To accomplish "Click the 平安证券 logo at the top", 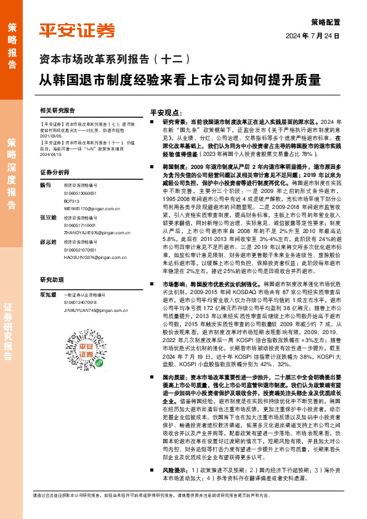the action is pyautogui.click(x=77, y=30).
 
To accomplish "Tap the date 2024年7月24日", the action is pyautogui.click(x=313, y=35).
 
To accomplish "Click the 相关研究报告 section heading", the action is pyautogui.click(x=57, y=111).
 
